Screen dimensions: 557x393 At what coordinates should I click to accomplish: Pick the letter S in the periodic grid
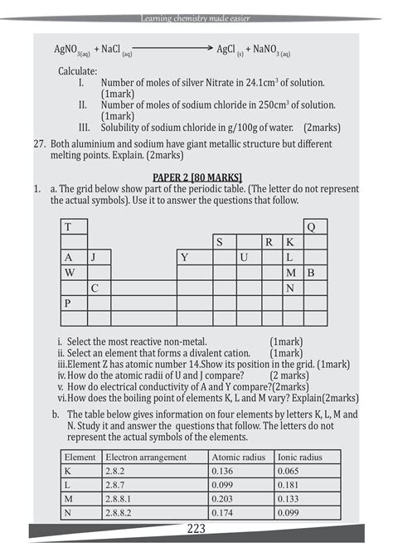coord(220,242)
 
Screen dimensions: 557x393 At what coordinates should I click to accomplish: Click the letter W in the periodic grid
coord(70,273)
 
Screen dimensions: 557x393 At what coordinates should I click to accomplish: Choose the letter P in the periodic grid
coord(68,303)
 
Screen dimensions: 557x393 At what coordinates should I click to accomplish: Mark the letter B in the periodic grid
coord(311,273)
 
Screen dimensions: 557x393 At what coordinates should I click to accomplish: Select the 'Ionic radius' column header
coord(298,457)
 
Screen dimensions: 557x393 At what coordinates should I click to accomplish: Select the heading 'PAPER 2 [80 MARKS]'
coord(196,177)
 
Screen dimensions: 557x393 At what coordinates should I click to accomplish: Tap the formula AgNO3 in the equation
coord(72,51)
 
